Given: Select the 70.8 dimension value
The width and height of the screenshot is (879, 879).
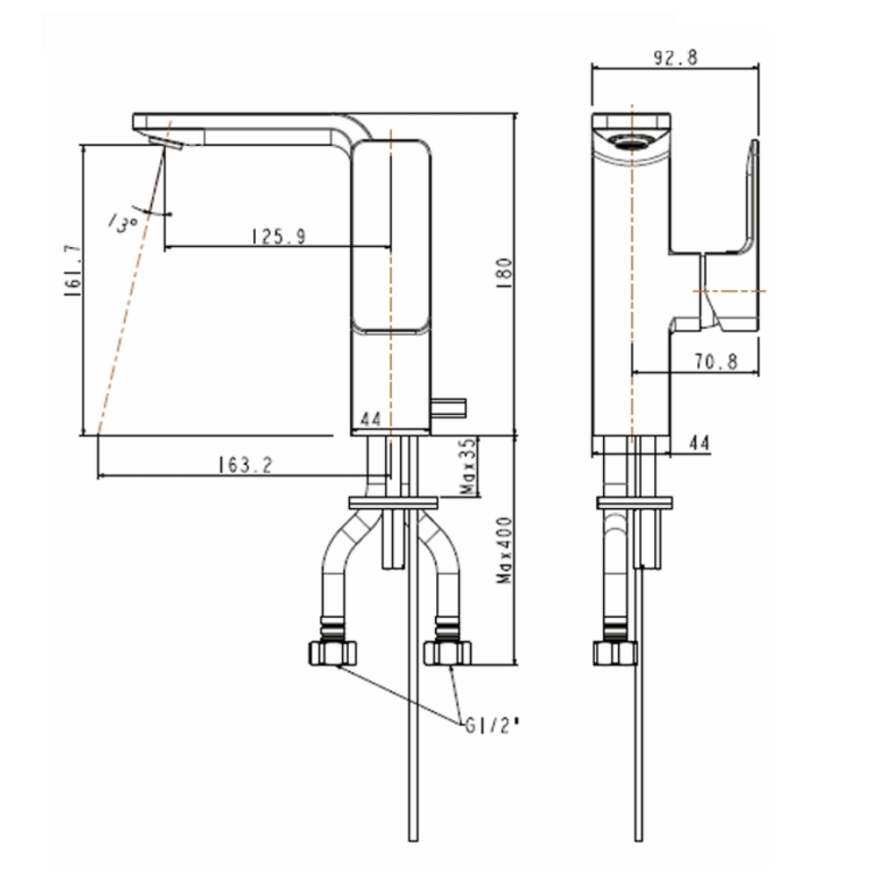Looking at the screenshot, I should [713, 361].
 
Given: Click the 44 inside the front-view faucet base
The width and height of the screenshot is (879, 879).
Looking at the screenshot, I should [371, 421].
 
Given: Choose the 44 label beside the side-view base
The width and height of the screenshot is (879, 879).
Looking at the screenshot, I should [699, 444].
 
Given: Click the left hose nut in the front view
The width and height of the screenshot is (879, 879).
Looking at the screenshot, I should [334, 652].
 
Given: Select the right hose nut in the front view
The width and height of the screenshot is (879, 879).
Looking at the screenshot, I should [447, 652].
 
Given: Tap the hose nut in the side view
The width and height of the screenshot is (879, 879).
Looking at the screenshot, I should [615, 652].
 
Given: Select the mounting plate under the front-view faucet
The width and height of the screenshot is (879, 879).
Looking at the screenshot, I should [393, 503].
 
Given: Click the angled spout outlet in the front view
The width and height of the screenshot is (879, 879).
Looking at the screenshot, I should [163, 143].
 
